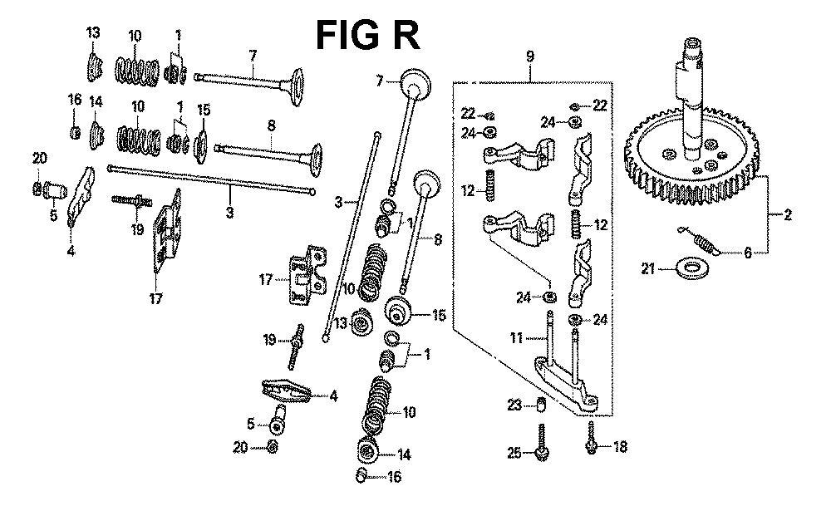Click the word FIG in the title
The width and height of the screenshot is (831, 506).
pyautogui.click(x=348, y=37)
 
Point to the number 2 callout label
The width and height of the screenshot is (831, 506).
pyautogui.click(x=788, y=215)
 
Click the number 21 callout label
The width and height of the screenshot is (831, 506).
pyautogui.click(x=649, y=268)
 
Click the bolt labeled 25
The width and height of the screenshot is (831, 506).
pyautogui.click(x=541, y=442)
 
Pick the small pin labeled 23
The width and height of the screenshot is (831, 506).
pyautogui.click(x=538, y=405)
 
